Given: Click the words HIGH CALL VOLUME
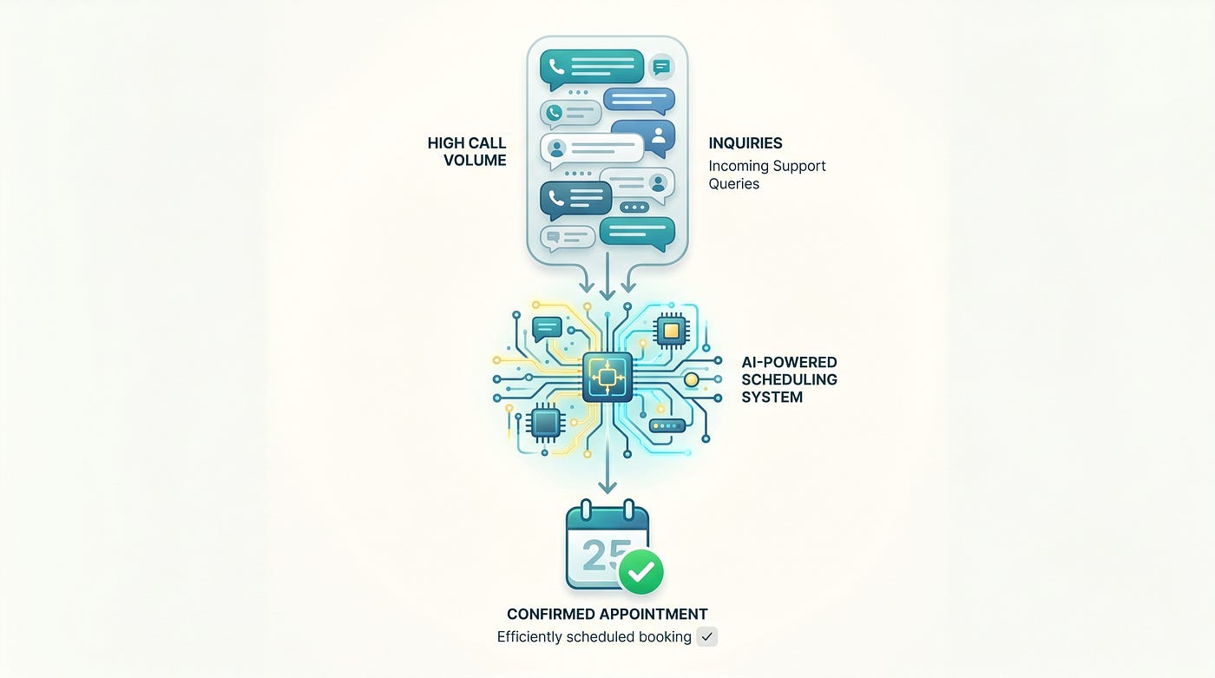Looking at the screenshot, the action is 467,151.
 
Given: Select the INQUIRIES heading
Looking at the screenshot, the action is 745,143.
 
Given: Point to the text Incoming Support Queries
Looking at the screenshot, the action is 767,174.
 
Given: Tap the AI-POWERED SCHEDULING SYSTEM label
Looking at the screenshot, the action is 789,379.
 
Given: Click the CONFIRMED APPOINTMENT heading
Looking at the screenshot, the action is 607,614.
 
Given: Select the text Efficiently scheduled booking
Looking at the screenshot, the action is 594,637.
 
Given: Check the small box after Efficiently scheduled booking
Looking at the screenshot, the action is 706,637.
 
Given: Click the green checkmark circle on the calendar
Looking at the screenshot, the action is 641,572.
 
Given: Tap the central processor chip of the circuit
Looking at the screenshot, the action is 607,377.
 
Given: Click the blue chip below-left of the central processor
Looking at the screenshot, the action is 546,423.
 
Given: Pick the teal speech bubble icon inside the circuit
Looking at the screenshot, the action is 547,329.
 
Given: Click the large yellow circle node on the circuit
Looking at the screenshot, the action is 691,379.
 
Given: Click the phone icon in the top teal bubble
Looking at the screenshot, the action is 556,67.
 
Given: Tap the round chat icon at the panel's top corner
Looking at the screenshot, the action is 661,67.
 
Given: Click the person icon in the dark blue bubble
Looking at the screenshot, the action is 659,135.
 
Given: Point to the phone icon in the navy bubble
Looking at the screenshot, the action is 556,198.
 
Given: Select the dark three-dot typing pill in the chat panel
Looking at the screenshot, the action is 634,207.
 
